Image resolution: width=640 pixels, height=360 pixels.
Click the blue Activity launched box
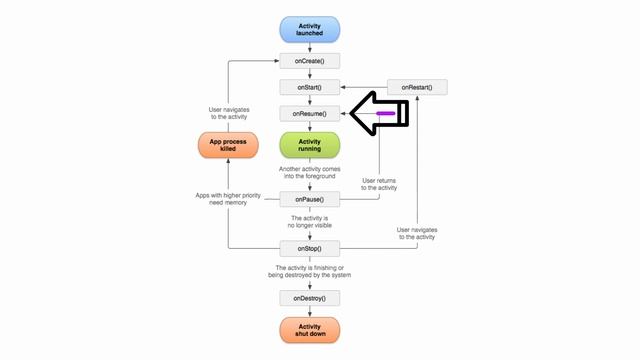point(310,28)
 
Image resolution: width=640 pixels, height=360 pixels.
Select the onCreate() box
point(310,61)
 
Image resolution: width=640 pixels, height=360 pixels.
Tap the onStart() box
point(310,88)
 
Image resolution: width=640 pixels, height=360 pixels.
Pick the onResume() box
point(310,114)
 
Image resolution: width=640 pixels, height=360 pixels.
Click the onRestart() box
point(417,88)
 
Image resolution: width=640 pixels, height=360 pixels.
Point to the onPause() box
point(310,198)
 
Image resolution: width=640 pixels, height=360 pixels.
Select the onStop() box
point(310,248)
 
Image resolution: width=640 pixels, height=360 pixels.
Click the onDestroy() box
point(310,298)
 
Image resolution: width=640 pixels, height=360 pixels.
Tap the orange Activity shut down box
point(310,330)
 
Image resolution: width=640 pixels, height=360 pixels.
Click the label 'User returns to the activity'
point(379,183)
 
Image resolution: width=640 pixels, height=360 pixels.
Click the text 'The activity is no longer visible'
point(310,222)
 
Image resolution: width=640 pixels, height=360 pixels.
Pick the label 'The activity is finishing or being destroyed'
point(312,272)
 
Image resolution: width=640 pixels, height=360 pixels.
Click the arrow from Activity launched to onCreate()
point(310,46)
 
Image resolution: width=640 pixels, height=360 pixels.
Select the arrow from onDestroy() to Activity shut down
point(310,312)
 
